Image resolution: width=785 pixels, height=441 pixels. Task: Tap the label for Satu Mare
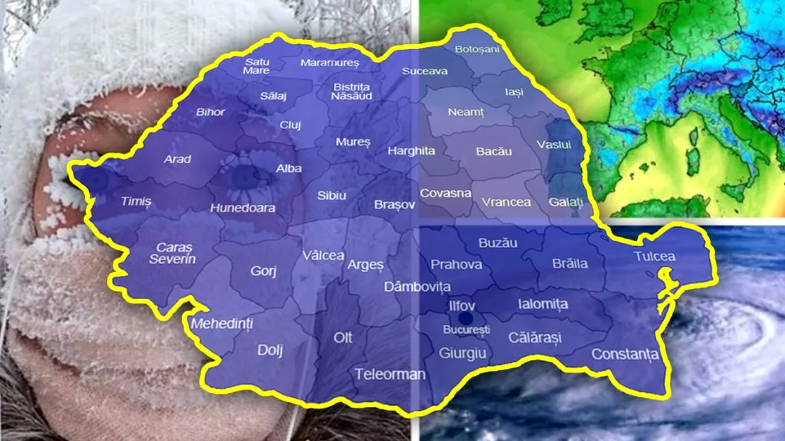(256, 66)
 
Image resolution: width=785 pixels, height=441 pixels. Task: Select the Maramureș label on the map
(329, 63)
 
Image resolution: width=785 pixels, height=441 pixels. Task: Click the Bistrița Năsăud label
(352, 91)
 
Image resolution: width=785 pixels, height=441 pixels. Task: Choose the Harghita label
(411, 151)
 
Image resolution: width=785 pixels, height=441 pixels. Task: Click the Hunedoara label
(242, 208)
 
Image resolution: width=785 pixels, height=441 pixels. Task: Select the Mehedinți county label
(222, 323)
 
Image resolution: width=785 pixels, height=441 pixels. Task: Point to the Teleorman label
(390, 374)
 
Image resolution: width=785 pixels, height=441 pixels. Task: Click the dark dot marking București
(465, 317)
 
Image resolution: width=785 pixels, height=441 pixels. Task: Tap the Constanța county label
(625, 354)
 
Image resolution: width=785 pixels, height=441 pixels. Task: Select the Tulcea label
(654, 257)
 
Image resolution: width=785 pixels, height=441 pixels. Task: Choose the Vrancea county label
(506, 202)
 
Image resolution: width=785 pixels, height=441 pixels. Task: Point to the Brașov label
(394, 204)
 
